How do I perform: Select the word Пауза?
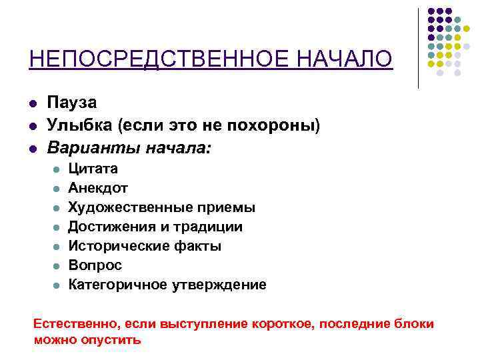tap(71, 103)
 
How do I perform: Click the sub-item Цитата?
tap(93, 169)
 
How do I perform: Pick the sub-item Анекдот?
tap(98, 189)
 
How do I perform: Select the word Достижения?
tap(109, 227)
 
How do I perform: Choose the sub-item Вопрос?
tap(95, 265)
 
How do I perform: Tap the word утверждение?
tap(222, 285)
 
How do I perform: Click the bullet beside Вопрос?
tap(56, 266)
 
